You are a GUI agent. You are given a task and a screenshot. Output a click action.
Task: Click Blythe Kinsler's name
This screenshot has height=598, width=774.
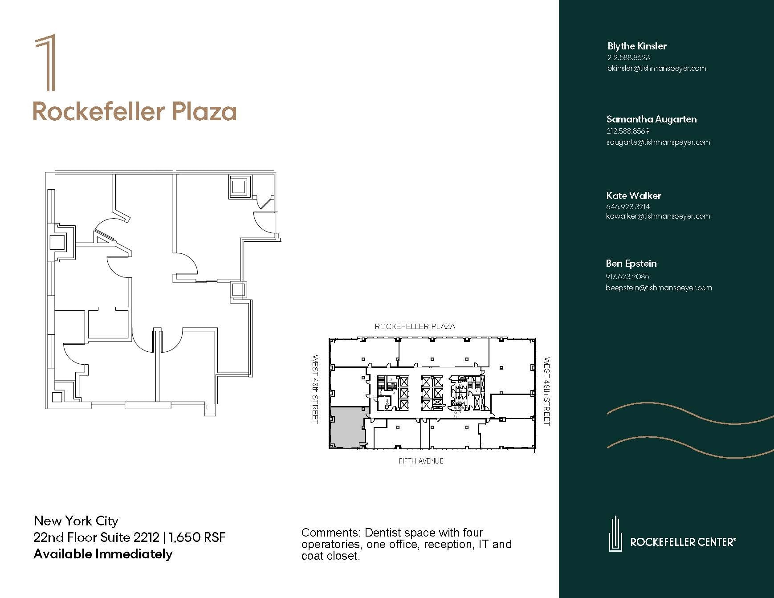click(637, 46)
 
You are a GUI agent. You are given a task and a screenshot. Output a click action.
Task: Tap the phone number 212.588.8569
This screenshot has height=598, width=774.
click(628, 131)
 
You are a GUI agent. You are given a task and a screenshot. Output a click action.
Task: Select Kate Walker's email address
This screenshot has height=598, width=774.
click(658, 216)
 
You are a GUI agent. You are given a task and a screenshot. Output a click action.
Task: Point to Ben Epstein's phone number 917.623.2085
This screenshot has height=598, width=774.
click(627, 277)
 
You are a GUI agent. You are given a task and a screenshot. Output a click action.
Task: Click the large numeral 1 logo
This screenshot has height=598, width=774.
click(46, 63)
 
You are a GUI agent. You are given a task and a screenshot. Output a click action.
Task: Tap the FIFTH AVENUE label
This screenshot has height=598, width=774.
click(421, 461)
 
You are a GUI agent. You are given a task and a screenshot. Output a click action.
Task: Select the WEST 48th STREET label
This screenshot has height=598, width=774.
click(315, 389)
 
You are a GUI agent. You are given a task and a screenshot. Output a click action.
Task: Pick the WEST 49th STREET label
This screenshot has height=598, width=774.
click(547, 391)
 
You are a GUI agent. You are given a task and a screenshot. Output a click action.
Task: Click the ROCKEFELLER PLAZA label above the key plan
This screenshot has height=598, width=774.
click(415, 327)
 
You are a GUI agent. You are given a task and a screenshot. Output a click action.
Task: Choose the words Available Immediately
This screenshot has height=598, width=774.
click(103, 554)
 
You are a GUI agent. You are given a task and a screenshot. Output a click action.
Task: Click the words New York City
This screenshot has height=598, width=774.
click(76, 521)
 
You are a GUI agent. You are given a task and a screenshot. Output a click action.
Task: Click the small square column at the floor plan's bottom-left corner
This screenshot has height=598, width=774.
click(57, 397)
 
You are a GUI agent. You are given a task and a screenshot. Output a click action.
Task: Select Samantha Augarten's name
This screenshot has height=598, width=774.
click(651, 119)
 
